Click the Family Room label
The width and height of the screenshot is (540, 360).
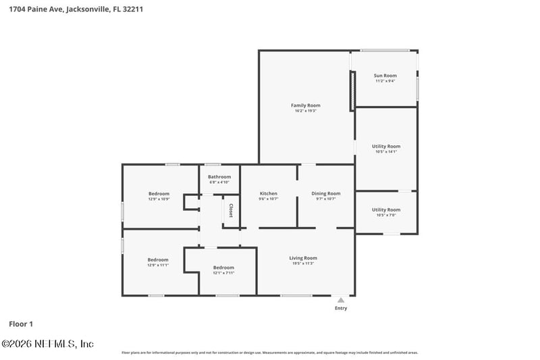coord(305,105)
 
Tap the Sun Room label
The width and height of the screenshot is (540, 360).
coord(385,76)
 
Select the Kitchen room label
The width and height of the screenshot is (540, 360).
coord(269,194)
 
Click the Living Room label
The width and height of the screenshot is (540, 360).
coord(303,258)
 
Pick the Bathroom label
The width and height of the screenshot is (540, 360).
coord(219,177)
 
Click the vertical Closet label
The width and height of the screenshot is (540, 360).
coord(231,211)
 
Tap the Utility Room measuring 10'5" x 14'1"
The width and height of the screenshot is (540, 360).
coord(386,146)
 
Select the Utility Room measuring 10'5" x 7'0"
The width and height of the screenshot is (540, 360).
coord(386,209)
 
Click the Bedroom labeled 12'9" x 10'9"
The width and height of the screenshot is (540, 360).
coord(159,194)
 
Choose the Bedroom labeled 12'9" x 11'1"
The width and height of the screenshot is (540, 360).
coord(158,259)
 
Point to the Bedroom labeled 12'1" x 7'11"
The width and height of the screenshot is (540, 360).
coord(223,267)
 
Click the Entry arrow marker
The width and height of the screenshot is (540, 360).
coord(341,300)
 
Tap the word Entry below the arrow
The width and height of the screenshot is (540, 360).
coord(341,309)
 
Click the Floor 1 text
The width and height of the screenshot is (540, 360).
coord(20,324)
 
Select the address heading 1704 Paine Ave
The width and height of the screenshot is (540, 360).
coord(76,9)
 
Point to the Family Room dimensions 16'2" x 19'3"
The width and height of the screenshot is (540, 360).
coord(305,111)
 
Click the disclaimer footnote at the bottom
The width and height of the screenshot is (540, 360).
coord(269,353)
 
